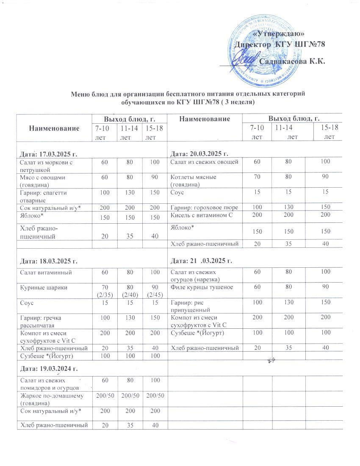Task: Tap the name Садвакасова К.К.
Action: tap(292, 61)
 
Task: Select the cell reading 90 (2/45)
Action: tap(155, 291)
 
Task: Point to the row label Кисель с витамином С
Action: tap(201, 215)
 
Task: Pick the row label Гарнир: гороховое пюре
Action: tap(205, 208)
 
